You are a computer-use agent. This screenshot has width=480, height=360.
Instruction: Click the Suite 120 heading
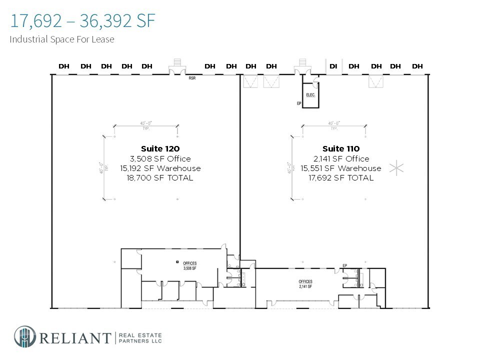160,148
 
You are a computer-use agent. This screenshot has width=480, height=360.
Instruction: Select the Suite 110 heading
341,148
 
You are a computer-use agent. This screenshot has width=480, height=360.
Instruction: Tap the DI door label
333,66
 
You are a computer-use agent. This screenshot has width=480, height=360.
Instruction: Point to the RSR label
192,78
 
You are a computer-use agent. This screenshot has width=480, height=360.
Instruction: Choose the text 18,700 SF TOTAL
160,178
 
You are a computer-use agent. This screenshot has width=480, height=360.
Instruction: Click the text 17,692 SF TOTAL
341,178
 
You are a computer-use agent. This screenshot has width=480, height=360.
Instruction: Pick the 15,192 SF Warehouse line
160,168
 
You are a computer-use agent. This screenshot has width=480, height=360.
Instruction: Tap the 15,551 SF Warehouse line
341,168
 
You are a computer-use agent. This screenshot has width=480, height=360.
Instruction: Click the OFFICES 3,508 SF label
190,265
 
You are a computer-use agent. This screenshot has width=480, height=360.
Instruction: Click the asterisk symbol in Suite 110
396,168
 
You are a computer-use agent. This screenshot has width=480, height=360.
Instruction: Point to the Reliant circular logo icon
24,336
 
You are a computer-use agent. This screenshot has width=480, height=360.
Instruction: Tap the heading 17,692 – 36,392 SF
82,21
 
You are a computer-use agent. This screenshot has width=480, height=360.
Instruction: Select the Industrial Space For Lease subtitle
62,39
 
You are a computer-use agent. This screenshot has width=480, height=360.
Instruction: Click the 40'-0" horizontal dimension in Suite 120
145,123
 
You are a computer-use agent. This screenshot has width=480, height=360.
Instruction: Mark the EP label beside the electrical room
299,104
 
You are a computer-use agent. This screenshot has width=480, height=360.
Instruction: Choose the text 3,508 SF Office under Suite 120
160,159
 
